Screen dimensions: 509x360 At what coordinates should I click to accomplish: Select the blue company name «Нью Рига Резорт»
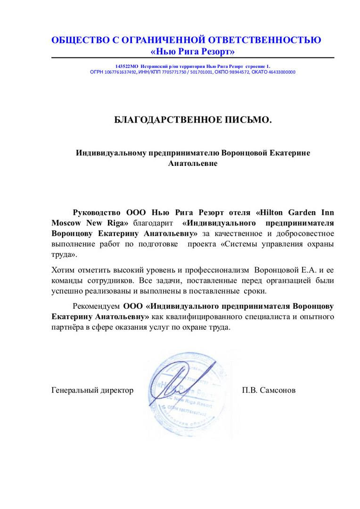[192, 51]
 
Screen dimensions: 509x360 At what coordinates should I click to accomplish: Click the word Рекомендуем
[97, 305]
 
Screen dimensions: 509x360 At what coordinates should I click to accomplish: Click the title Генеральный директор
[92, 390]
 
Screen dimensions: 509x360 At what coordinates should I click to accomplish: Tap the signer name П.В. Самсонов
[269, 390]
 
